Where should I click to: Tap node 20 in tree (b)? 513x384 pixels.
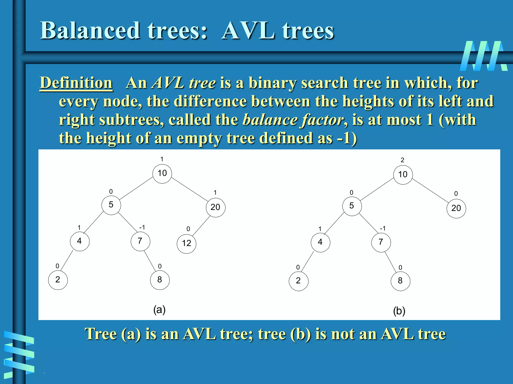(456, 208)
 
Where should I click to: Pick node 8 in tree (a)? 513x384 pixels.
(160, 280)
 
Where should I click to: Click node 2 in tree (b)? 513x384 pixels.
(298, 281)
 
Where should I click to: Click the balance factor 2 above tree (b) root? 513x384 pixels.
(402, 160)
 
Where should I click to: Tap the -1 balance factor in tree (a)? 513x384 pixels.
(142, 227)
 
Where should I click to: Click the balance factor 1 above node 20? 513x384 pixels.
(215, 192)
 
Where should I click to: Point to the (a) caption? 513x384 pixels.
(159, 310)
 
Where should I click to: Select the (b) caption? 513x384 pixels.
(399, 311)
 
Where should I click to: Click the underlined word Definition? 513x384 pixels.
(76, 83)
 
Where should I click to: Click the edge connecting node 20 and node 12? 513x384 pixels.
(201, 226)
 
